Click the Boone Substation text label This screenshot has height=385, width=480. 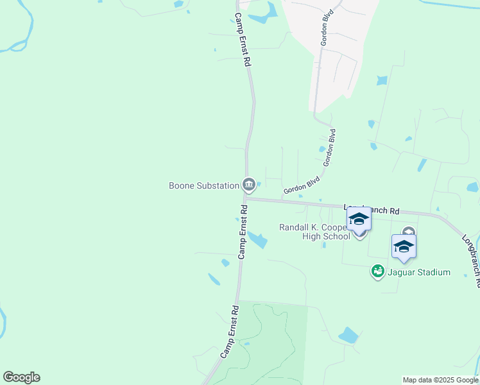(x=203, y=186)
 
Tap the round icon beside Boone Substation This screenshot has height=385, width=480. (x=249, y=185)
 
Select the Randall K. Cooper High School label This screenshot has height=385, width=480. (x=314, y=232)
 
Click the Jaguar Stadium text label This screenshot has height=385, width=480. (x=418, y=272)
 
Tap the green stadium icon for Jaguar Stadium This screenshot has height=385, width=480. (x=378, y=272)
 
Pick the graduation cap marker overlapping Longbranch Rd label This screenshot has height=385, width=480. (x=359, y=220)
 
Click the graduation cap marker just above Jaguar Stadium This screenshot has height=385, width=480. (x=404, y=247)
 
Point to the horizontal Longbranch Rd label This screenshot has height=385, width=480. (x=372, y=209)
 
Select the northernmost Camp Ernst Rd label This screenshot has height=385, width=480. (x=242, y=40)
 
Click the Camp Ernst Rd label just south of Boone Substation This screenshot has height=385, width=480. (x=243, y=232)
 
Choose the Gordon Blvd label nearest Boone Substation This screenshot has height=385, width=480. (x=302, y=186)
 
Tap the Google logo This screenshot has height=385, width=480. (x=21, y=377)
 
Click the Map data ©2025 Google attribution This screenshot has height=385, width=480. (x=440, y=380)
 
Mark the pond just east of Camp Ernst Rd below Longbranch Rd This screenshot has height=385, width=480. (x=257, y=240)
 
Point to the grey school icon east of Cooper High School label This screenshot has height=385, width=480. (x=409, y=232)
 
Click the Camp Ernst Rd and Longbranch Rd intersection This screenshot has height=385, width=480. (x=244, y=199)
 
